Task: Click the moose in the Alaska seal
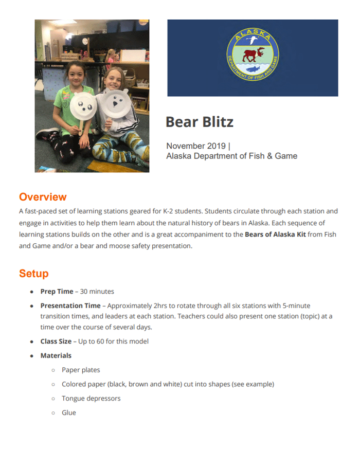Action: click(x=253, y=55)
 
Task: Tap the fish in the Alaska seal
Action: click(x=253, y=68)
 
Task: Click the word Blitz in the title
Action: click(x=217, y=122)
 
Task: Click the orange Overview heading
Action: click(x=43, y=197)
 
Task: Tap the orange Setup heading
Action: click(x=33, y=273)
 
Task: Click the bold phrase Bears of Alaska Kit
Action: click(x=275, y=236)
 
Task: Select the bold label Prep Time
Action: click(x=57, y=292)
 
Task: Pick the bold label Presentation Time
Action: click(x=70, y=305)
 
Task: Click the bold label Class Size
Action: click(x=56, y=341)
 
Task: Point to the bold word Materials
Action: click(x=56, y=355)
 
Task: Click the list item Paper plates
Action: click(x=81, y=370)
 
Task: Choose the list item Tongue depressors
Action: click(x=91, y=399)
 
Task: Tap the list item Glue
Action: click(x=69, y=412)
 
